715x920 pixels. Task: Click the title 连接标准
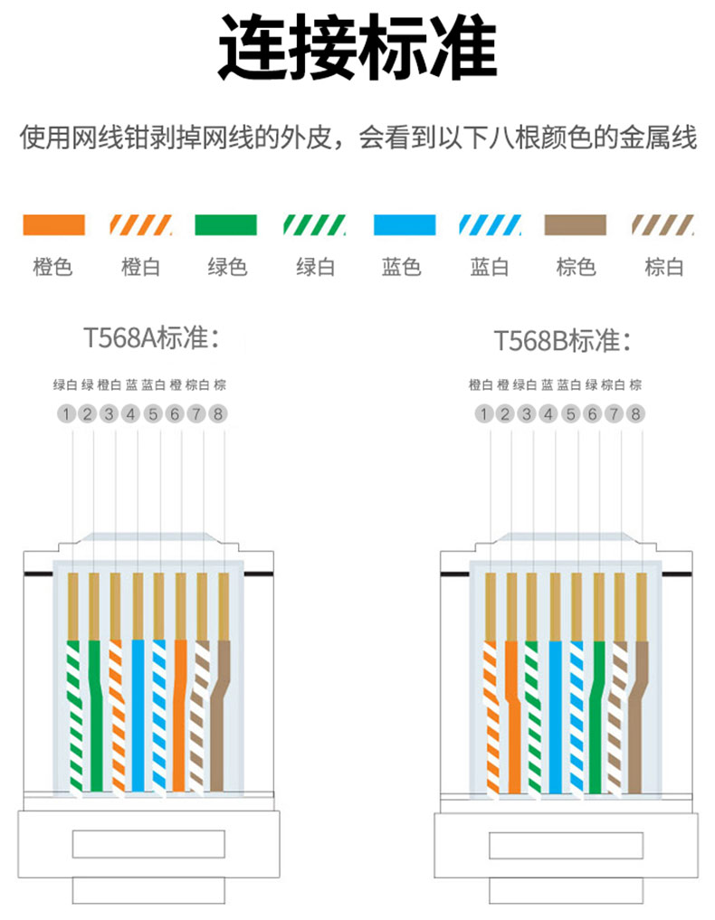click(x=357, y=49)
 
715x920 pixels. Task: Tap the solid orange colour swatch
click(x=53, y=224)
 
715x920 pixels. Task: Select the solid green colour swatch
click(x=225, y=224)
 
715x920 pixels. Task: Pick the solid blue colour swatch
click(x=405, y=224)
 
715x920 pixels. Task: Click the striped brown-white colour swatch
click(x=663, y=224)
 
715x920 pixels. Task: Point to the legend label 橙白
click(x=140, y=267)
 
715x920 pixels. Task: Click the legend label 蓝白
click(x=489, y=267)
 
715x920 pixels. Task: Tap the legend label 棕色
click(x=576, y=267)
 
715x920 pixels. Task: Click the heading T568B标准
click(x=561, y=341)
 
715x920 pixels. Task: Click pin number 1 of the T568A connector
click(x=65, y=414)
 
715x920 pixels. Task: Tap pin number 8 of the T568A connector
click(x=218, y=414)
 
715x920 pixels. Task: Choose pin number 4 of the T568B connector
click(x=548, y=414)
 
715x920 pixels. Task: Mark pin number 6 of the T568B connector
click(x=592, y=414)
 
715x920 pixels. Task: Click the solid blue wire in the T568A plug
click(x=138, y=715)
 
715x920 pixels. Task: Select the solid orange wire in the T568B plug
click(x=511, y=715)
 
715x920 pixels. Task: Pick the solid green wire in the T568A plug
click(x=94, y=715)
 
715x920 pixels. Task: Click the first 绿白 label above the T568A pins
click(x=65, y=384)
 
